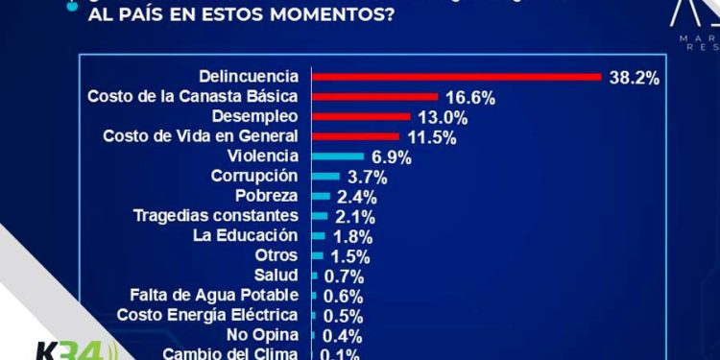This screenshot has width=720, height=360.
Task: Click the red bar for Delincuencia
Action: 456,77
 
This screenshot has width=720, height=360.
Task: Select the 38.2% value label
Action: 634,78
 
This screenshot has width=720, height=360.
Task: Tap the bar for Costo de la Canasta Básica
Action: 375,97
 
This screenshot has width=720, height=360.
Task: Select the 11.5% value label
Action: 431,137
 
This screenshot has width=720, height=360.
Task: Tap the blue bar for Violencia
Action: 339,156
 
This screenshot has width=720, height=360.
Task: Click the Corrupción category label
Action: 254,177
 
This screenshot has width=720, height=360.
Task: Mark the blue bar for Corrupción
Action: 326,177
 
